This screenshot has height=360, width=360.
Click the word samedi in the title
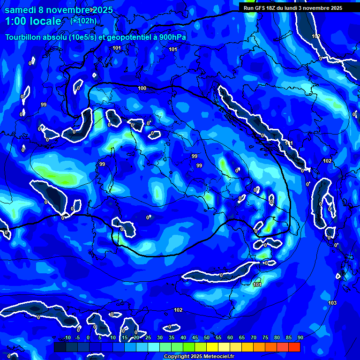tap(20, 10)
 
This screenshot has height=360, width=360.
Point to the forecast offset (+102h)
tap(83, 21)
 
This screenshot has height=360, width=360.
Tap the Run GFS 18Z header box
tap(293, 8)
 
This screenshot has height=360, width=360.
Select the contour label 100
tap(142, 88)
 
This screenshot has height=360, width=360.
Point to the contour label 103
tap(332, 303)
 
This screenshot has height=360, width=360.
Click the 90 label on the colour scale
tap(300, 337)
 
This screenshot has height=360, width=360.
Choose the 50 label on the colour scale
tap(207, 337)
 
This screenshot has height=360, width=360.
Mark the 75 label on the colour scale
tap(265, 337)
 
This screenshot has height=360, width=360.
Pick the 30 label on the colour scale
tap(160, 337)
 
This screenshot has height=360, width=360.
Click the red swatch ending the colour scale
tap(294, 347)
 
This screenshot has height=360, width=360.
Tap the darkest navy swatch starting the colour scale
tap(60, 347)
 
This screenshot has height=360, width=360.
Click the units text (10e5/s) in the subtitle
tap(82, 37)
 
